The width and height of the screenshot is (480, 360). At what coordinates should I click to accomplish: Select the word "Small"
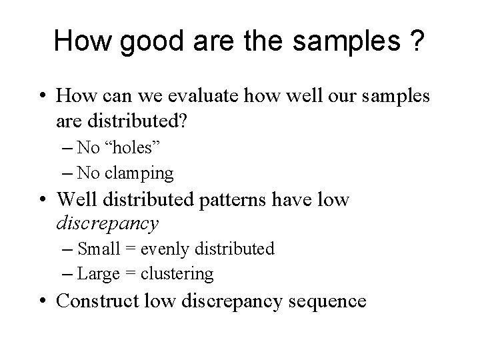pyautogui.click(x=99, y=249)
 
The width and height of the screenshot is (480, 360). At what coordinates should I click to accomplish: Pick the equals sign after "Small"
pyautogui.click(x=131, y=249)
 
